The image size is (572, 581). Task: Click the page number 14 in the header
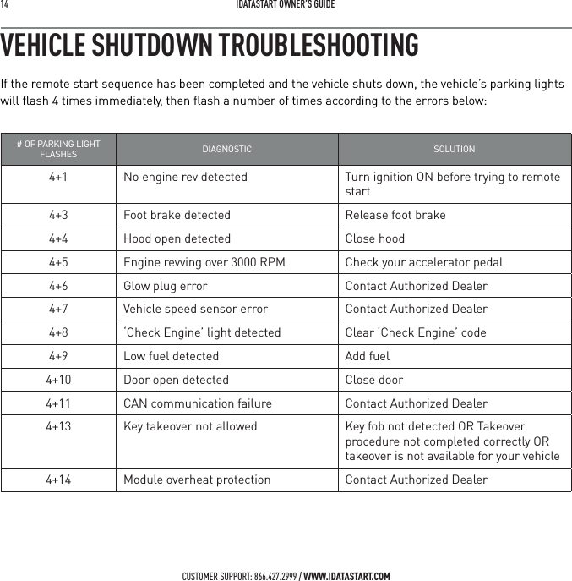click(5, 5)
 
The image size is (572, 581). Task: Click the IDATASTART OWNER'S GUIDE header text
click(286, 5)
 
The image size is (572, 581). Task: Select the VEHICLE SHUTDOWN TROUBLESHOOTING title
click(210, 46)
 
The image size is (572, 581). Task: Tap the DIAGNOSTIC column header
click(226, 150)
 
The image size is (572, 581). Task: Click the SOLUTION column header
click(454, 150)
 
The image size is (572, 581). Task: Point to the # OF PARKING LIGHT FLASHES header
click(58, 150)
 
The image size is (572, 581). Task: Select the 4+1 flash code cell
click(58, 178)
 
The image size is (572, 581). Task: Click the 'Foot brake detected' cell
click(177, 215)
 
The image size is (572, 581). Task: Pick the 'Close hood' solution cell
click(375, 238)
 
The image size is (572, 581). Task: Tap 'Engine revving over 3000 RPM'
click(204, 262)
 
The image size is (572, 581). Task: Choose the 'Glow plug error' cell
click(166, 286)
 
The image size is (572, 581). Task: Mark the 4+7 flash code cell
click(58, 310)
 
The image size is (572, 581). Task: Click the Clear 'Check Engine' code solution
click(416, 333)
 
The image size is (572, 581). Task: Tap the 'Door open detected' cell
click(176, 381)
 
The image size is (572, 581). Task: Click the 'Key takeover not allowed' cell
click(190, 427)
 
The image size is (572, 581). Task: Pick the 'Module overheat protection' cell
click(197, 480)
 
